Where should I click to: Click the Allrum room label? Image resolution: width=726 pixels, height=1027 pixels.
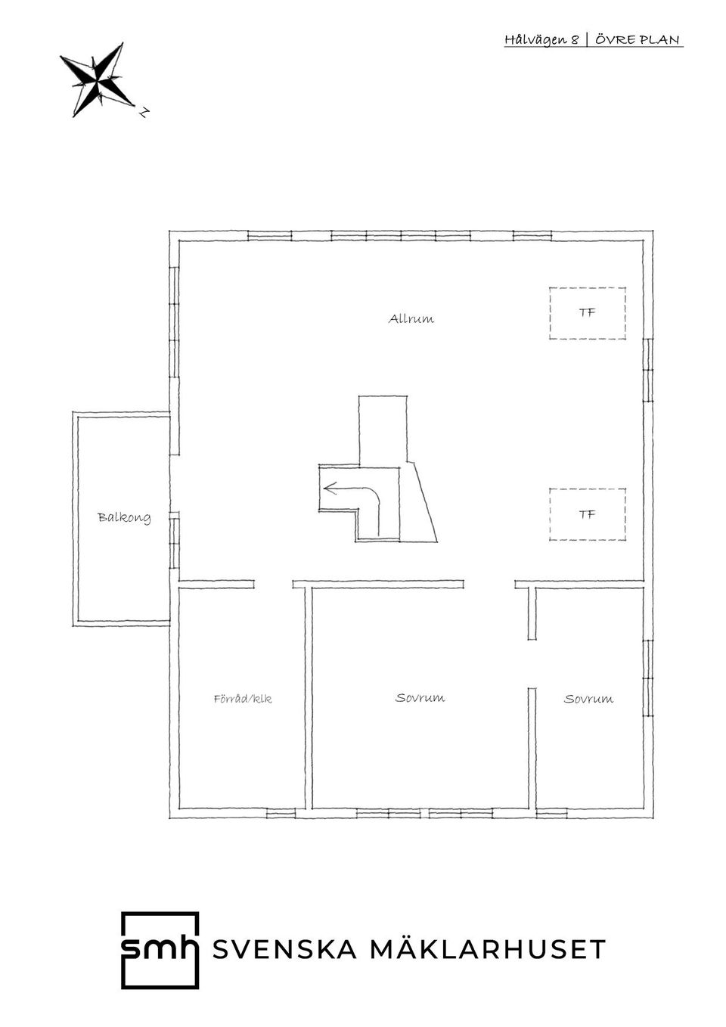411,318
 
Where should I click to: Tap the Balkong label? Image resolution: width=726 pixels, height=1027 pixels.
124,517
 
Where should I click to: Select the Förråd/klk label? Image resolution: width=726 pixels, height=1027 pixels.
243,699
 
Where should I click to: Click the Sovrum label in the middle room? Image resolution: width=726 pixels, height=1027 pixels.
420,698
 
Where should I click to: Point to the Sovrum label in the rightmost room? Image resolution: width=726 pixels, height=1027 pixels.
588,699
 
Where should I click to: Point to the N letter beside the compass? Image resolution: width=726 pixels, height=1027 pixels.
144,111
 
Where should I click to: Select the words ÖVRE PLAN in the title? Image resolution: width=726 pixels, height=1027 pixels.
638,39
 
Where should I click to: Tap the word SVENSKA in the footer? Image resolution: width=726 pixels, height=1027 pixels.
284,949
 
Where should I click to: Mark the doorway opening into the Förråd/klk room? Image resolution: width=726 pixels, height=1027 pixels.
274,584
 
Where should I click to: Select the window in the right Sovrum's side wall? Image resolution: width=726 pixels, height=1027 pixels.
648,678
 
